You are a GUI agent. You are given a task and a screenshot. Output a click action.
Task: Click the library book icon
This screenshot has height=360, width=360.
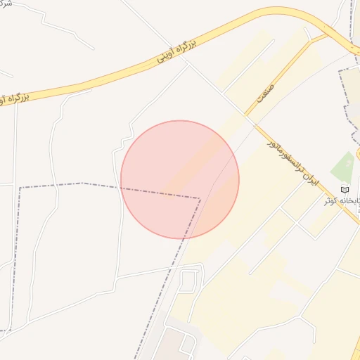pos(345,189)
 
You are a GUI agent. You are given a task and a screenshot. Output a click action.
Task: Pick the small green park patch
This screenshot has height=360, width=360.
pos(344,167)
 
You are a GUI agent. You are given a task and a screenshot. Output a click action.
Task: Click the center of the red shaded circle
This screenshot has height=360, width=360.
pos(180,179)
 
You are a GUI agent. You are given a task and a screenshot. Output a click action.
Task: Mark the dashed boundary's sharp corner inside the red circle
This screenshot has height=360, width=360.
pos(200,199)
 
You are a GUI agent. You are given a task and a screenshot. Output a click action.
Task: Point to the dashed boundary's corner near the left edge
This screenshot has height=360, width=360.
pos(19,188)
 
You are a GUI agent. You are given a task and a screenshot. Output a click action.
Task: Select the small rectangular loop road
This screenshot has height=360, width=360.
pos(188,281)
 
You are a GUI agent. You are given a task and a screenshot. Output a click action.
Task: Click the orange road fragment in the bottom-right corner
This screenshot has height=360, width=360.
pos(355,352)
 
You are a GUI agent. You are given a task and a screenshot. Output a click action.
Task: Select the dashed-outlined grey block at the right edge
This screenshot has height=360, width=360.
pos(350,98)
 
